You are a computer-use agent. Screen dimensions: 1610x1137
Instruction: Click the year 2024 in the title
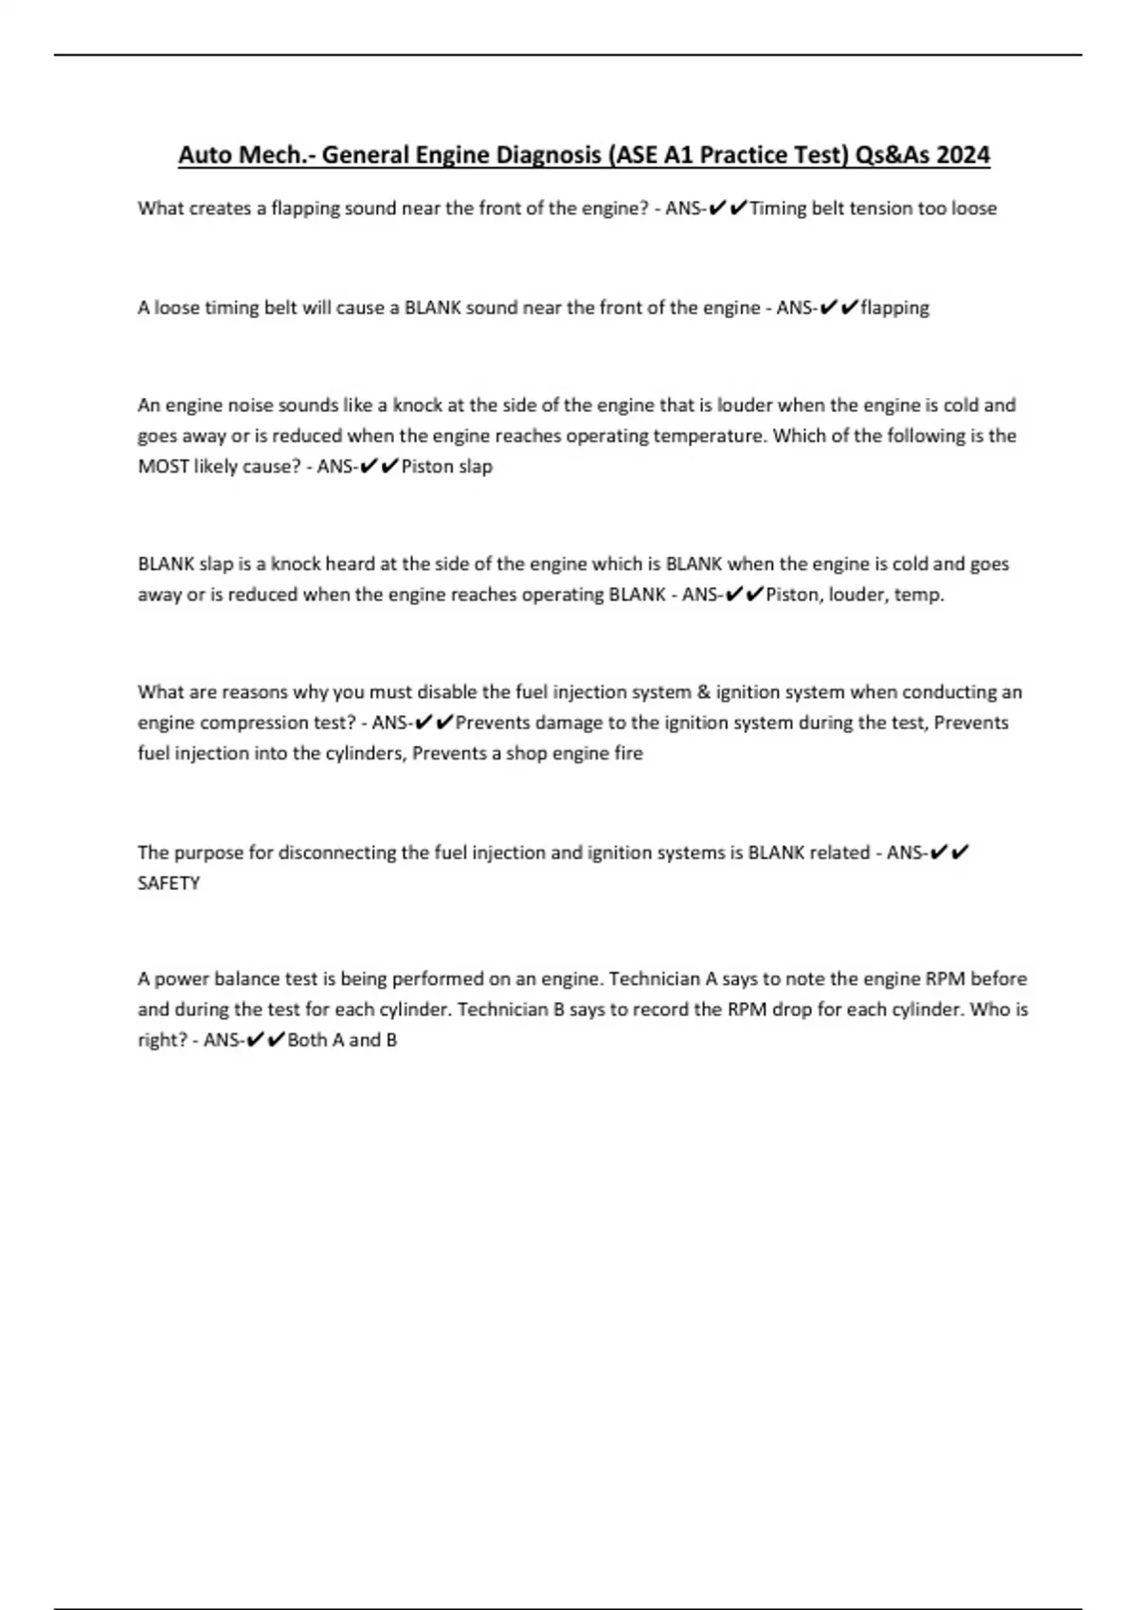(963, 154)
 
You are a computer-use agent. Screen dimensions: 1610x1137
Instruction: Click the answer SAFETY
(169, 884)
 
